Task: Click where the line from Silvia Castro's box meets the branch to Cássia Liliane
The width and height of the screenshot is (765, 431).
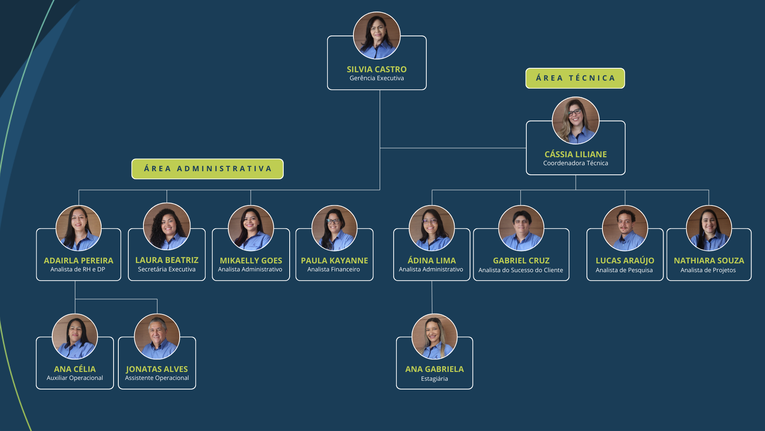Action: (x=380, y=148)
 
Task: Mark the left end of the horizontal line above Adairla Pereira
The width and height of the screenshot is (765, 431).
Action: (x=79, y=190)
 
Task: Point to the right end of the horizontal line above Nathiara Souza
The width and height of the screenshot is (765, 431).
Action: (x=709, y=190)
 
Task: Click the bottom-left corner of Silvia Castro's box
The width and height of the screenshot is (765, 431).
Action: (x=328, y=90)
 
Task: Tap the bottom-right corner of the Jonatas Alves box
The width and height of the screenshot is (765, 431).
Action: (x=196, y=389)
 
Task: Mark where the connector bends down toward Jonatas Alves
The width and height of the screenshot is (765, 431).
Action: (x=157, y=299)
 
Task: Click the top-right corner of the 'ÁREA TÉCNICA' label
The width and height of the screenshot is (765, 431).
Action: (x=625, y=68)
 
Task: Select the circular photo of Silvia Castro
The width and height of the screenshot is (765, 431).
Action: (x=377, y=36)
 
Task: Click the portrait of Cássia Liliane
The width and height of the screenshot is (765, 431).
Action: (x=576, y=121)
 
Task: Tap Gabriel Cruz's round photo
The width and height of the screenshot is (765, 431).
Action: (x=521, y=228)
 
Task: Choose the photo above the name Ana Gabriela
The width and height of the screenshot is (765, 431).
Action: (x=434, y=337)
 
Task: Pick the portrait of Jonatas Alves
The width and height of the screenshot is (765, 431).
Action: (x=157, y=337)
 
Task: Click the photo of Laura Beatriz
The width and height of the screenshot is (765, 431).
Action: (x=167, y=227)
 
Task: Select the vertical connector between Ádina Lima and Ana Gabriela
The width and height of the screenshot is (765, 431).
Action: (x=432, y=297)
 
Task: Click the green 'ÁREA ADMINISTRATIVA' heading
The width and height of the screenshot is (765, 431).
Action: (x=208, y=169)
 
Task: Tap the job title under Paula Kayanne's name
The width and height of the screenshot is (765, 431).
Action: (x=333, y=269)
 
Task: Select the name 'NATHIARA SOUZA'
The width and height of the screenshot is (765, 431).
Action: (x=709, y=261)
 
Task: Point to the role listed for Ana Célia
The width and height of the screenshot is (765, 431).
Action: (x=75, y=378)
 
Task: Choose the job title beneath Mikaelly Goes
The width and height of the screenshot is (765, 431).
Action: (x=250, y=269)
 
